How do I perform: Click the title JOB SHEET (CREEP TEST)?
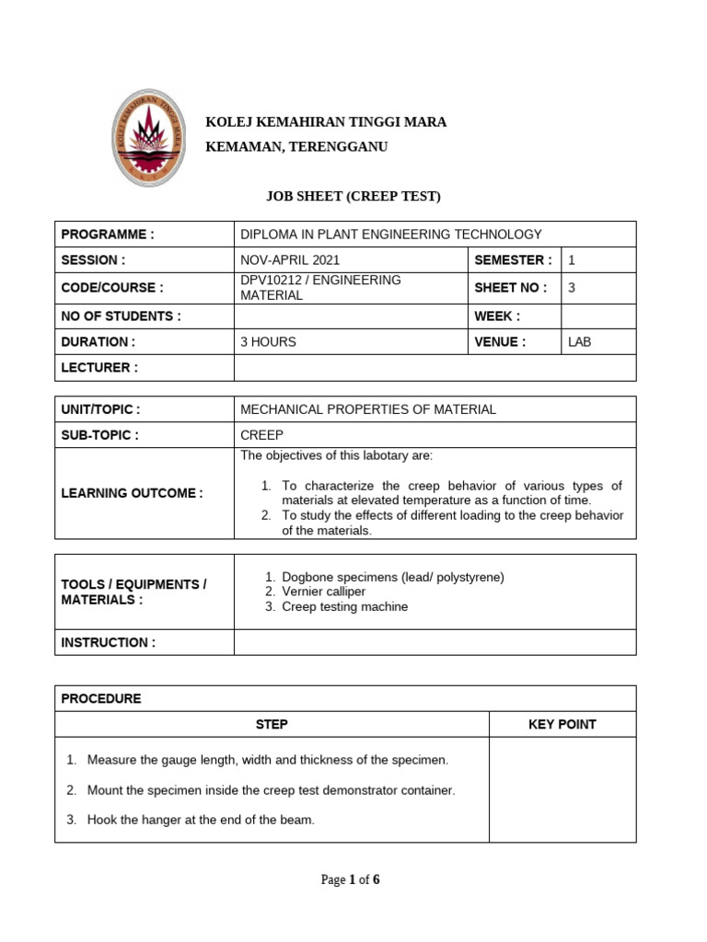[353, 196]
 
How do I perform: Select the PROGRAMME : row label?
[108, 235]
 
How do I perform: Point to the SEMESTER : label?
[513, 260]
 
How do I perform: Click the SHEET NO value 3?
[572, 287]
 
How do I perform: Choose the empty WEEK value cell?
[598, 316]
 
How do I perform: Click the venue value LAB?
[581, 341]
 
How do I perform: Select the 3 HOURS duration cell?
[268, 341]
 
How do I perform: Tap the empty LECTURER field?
[435, 368]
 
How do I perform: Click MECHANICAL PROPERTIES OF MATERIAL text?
[367, 409]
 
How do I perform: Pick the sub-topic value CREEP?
[261, 435]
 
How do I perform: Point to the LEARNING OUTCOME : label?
[132, 493]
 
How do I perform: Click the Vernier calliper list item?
[323, 592]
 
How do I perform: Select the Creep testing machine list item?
[344, 606]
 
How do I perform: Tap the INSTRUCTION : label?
[108, 642]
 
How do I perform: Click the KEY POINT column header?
[562, 724]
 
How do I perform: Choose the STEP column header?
[272, 724]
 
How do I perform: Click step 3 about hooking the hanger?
[200, 820]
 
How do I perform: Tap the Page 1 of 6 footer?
[350, 879]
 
